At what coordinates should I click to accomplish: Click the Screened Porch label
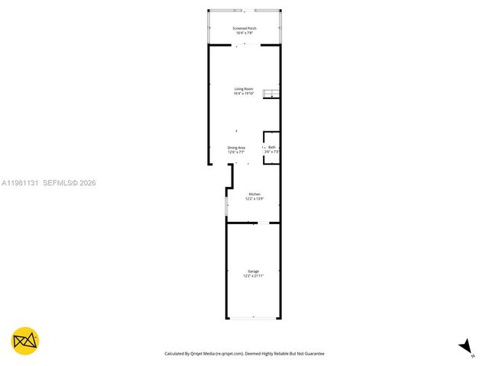point(245,28)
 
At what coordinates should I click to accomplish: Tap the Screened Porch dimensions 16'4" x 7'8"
point(245,33)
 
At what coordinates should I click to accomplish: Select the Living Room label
point(244,89)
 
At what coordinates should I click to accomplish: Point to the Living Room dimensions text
point(244,94)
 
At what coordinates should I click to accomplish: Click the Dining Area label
point(236,147)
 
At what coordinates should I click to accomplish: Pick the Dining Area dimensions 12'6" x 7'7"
point(236,152)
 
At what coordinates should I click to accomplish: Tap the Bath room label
point(271,147)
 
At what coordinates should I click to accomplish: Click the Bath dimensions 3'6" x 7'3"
point(271,152)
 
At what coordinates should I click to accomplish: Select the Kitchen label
point(254,194)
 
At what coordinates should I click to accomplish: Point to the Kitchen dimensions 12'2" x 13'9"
point(254,199)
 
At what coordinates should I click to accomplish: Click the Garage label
point(253,271)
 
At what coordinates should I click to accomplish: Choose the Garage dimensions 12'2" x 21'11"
point(253,276)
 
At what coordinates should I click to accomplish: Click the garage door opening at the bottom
point(253,319)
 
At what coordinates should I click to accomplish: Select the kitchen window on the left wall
point(226,206)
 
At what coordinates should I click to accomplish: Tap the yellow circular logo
point(25,341)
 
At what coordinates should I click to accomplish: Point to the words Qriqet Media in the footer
point(201,354)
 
